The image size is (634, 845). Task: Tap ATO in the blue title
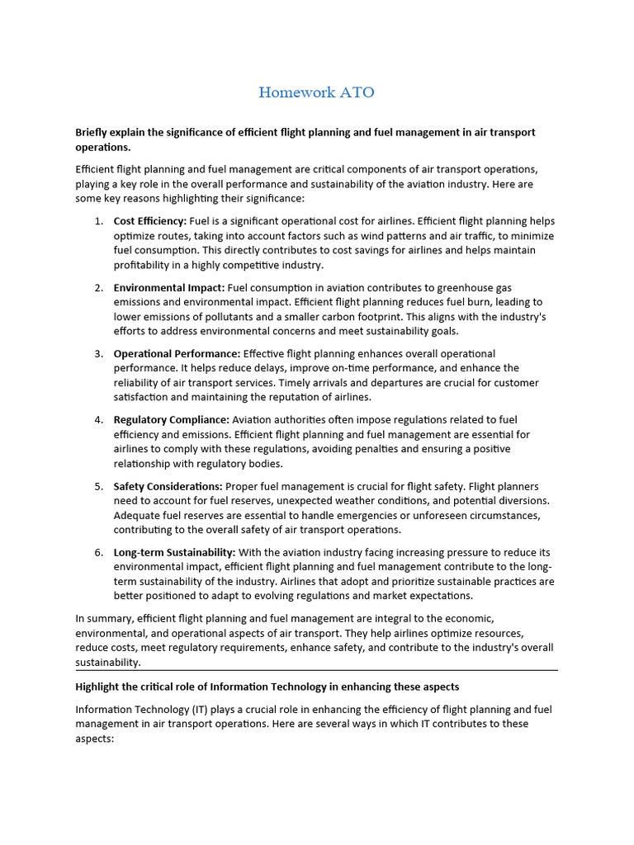(x=354, y=92)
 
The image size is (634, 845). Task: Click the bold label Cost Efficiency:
(x=149, y=221)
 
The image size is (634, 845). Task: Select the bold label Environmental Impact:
(x=168, y=287)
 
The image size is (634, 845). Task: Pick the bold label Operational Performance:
(x=177, y=353)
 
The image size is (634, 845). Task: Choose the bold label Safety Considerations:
(x=168, y=486)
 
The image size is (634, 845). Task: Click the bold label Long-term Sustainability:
(x=174, y=552)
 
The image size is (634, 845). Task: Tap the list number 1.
(x=97, y=221)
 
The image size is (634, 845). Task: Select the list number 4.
(x=97, y=420)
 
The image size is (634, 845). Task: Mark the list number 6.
(x=97, y=552)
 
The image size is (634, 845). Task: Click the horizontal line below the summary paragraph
(x=317, y=670)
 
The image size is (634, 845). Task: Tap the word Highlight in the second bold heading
(x=101, y=687)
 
